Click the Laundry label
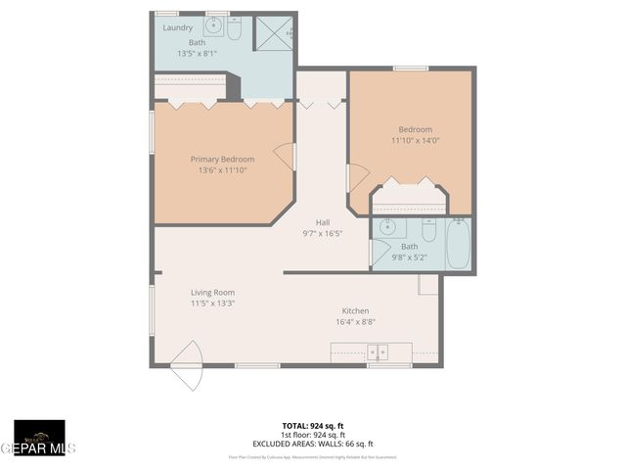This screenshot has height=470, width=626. click(x=177, y=27)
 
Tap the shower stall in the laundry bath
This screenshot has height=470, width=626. click(x=274, y=33)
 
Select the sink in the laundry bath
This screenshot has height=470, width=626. click(x=212, y=26)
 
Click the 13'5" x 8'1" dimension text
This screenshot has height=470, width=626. click(x=195, y=53)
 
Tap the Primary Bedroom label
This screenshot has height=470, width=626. click(x=222, y=160)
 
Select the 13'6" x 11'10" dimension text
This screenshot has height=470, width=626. click(x=222, y=170)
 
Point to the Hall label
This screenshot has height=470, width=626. click(x=322, y=222)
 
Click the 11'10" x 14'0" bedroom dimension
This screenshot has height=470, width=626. click(x=415, y=141)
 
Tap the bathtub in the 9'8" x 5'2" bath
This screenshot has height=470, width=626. click(x=459, y=245)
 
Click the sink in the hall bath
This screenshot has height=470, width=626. click(x=387, y=229)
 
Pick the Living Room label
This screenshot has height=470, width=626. click(x=212, y=292)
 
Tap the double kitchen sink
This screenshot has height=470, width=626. click(x=378, y=352)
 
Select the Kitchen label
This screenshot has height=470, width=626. click(x=355, y=310)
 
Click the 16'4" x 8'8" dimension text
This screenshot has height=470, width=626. click(x=355, y=321)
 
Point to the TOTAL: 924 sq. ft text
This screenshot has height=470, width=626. click(x=312, y=425)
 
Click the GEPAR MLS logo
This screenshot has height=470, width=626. click(x=39, y=439)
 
